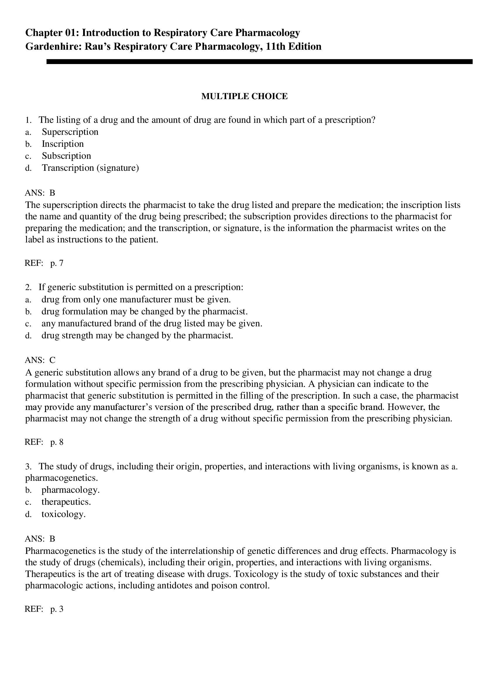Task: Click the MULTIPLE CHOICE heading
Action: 244,96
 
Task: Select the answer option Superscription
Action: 70,132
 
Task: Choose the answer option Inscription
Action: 63,144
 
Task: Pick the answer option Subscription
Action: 66,156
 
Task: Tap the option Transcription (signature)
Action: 90,168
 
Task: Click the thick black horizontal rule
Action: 259,62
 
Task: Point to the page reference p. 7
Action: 57,263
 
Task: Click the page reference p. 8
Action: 57,442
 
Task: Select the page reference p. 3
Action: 57,609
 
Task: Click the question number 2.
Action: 28,287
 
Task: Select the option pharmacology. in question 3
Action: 70,490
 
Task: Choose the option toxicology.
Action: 63,514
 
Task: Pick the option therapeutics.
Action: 66,502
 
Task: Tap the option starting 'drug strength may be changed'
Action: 137,336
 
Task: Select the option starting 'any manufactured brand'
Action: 152,323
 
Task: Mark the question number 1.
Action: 28,120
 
